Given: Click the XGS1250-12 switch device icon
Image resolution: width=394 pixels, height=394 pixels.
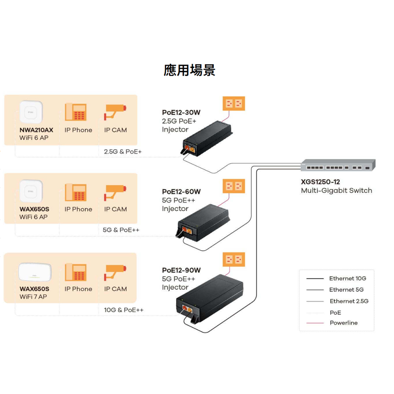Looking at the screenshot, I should (x=338, y=165).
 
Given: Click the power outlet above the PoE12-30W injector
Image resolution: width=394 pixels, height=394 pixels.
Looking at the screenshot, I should (x=234, y=104).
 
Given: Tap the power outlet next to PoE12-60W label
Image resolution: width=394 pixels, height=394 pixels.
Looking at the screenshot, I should (x=234, y=186).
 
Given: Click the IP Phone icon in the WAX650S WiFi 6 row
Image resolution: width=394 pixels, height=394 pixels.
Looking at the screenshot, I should (x=76, y=193).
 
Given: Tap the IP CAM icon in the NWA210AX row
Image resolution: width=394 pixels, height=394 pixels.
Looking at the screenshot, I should (x=115, y=112).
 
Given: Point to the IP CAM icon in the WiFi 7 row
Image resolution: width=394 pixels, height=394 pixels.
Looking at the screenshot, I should (x=115, y=271).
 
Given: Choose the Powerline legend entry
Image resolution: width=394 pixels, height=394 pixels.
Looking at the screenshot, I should (x=344, y=323).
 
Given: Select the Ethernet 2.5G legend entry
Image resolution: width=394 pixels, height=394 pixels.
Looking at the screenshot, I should (x=349, y=301).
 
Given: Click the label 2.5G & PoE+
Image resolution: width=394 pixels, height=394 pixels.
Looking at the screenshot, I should (x=123, y=151).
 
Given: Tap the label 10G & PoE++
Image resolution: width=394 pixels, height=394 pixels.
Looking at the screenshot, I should (x=124, y=310).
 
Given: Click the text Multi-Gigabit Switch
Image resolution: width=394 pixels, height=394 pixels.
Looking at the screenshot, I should (x=336, y=191).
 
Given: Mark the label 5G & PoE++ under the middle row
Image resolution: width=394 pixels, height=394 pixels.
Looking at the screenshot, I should (x=121, y=230).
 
